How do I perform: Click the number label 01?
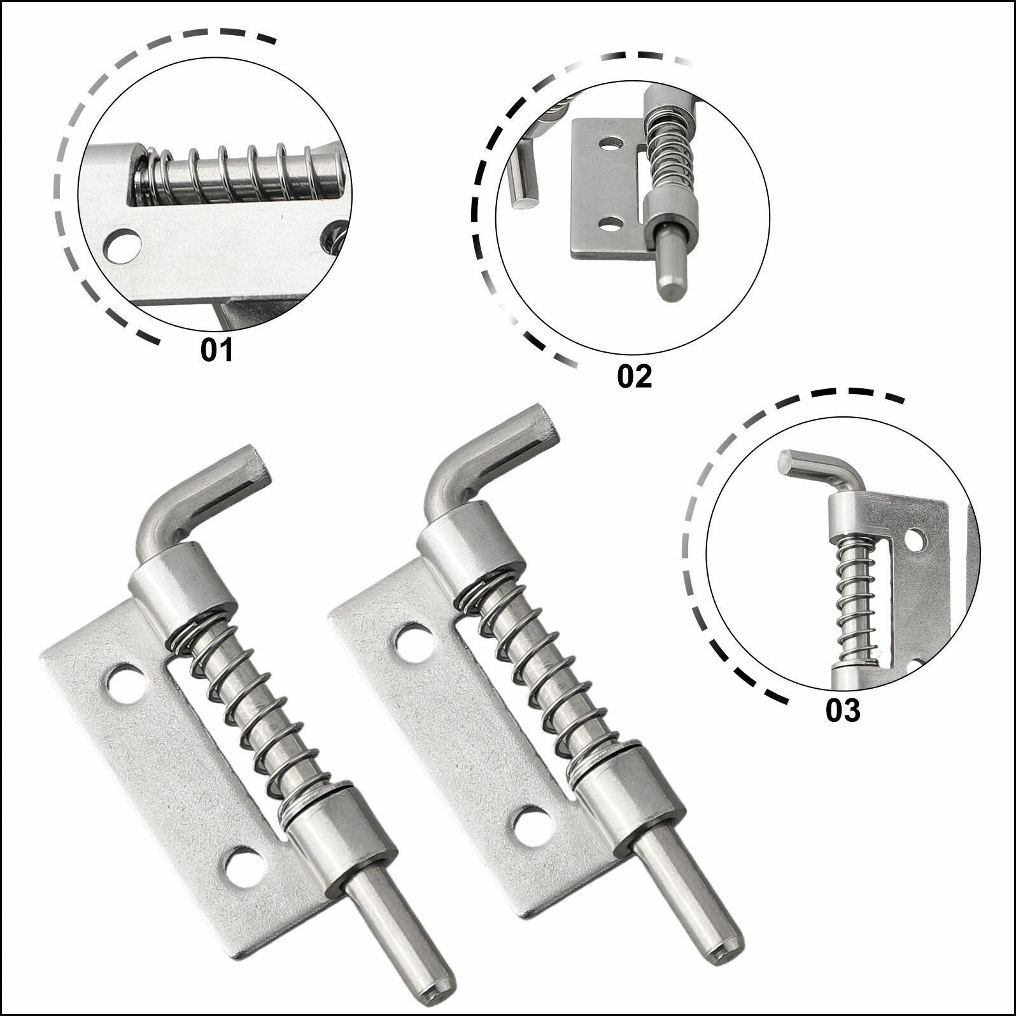click(x=218, y=351)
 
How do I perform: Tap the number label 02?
click(x=635, y=377)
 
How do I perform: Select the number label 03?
click(x=843, y=710)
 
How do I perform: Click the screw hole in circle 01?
click(x=122, y=244)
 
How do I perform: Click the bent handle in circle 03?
click(x=821, y=471)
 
